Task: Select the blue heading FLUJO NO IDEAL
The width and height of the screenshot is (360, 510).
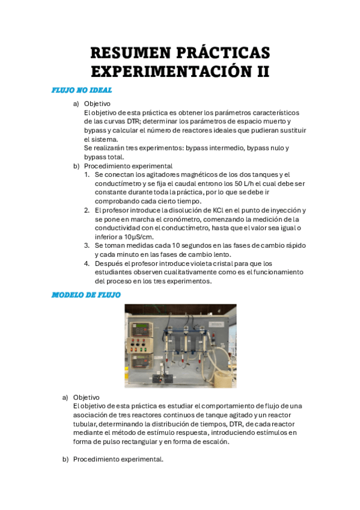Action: click(82, 90)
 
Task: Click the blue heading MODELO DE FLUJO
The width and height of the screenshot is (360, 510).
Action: click(86, 295)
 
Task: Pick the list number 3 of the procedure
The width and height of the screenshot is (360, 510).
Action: click(87, 245)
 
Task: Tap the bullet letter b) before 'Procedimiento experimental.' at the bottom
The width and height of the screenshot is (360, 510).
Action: click(66, 460)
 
